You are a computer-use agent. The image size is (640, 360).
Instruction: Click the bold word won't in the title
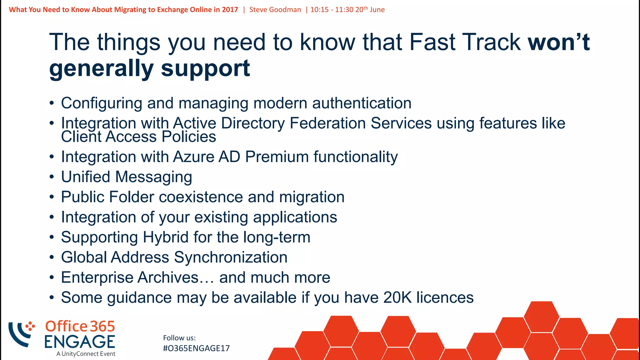[x=558, y=42]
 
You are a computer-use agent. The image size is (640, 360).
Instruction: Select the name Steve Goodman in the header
[x=275, y=10]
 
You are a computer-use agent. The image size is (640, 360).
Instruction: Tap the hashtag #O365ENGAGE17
[x=196, y=348]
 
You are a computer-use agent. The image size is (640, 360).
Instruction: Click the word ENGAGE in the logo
[x=80, y=342]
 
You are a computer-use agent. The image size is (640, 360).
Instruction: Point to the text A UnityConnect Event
[x=86, y=354]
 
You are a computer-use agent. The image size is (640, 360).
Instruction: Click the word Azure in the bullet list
[x=193, y=157]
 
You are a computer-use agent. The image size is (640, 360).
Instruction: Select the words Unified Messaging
[x=126, y=177]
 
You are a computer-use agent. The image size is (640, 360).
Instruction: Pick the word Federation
[x=327, y=123]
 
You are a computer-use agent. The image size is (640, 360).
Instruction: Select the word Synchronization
[x=231, y=257]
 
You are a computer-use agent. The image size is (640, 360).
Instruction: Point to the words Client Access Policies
[x=138, y=137]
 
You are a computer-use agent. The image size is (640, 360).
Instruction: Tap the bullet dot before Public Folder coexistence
[x=52, y=197]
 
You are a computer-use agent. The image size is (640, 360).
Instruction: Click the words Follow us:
[x=179, y=338]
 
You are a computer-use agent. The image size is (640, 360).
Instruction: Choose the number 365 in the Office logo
[x=102, y=327]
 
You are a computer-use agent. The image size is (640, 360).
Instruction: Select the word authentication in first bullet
[x=362, y=103]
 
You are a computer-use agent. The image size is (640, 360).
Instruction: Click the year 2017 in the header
[x=230, y=10]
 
